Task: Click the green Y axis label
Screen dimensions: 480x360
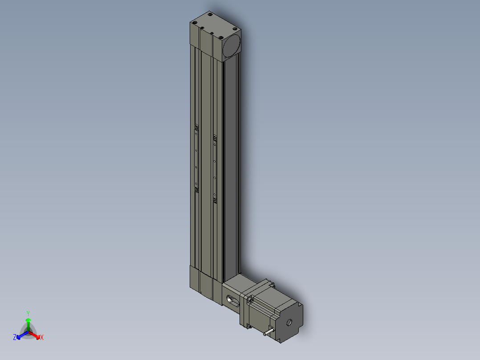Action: click(x=28, y=313)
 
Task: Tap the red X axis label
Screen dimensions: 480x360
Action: click(x=42, y=337)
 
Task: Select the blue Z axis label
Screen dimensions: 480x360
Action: click(x=15, y=337)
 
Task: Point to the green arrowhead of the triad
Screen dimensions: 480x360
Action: click(x=28, y=320)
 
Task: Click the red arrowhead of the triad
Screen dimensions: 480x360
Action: click(x=38, y=337)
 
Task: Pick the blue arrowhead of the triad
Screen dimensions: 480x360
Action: click(x=19, y=337)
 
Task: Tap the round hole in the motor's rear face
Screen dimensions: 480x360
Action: click(x=289, y=322)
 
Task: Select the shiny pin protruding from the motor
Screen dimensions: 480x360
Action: click(x=268, y=332)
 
